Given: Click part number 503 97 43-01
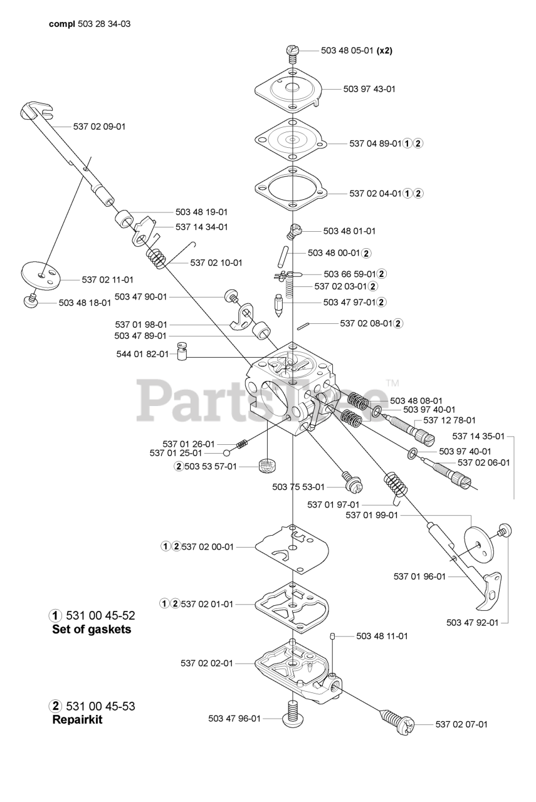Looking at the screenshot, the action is coord(369,89).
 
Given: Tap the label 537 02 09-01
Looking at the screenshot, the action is coord(99,127).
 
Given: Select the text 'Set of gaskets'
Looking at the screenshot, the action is coord(92,630).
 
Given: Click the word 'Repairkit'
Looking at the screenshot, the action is coord(77,720).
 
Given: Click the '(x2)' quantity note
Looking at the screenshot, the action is coord(384,51).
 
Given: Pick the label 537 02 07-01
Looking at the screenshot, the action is coord(461,724).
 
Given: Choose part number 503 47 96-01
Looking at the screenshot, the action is coord(234,719).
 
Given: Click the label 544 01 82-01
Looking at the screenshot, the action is coord(142,354).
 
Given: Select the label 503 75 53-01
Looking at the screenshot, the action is coord(298,487).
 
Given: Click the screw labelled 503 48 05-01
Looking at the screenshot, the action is coord(292,51).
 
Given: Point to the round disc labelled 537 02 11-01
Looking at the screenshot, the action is coord(41,274).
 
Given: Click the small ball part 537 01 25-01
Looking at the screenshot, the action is coord(226,452).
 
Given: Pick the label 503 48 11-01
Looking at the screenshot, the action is coord(382,636).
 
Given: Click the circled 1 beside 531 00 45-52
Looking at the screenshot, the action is coord(56,615).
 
